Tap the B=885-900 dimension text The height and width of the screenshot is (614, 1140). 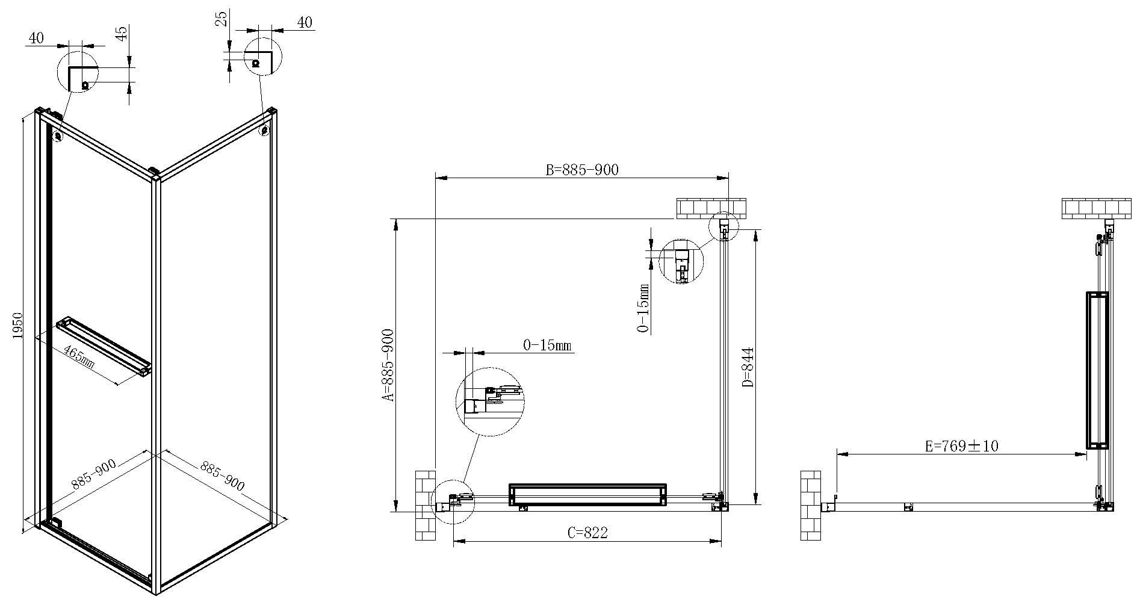coord(581,170)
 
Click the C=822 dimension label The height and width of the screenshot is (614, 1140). coord(587,533)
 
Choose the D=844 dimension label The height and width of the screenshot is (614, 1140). coord(748,367)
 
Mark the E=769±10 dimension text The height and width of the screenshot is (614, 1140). coord(961,446)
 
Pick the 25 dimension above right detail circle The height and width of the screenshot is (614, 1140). coord(222,19)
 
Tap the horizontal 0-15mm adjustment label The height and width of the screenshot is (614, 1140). coord(547,346)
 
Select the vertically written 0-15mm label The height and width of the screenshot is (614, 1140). coord(643,308)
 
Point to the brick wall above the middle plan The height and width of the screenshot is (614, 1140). coord(711,209)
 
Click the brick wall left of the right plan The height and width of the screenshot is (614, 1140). coord(810,505)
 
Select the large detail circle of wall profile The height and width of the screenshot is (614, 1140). coord(491,402)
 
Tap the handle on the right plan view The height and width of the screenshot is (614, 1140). coord(1097,370)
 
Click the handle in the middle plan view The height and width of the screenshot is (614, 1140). coord(588,495)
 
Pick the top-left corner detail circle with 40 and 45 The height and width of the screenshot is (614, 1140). coord(77,70)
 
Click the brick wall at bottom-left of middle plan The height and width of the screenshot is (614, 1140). coord(425,505)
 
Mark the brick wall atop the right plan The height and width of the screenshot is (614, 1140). coord(1097,209)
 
